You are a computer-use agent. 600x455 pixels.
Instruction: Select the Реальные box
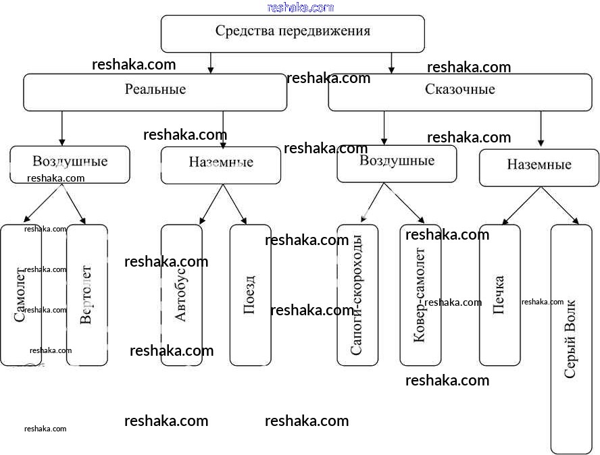click(x=155, y=92)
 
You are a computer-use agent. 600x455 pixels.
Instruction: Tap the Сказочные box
click(x=460, y=92)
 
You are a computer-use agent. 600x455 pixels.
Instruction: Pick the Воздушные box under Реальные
click(x=70, y=164)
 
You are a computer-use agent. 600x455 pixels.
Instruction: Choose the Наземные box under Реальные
click(x=221, y=165)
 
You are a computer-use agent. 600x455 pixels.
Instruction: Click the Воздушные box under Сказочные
click(x=397, y=163)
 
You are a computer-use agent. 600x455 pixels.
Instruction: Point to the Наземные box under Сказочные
click(x=539, y=167)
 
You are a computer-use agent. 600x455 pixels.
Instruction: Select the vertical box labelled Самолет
click(x=20, y=295)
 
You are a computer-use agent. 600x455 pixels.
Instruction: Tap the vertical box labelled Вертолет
click(x=87, y=295)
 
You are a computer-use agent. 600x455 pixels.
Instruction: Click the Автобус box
click(x=181, y=295)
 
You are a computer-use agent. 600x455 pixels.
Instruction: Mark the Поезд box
click(x=250, y=295)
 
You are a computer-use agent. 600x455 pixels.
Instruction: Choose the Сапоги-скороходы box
click(x=357, y=295)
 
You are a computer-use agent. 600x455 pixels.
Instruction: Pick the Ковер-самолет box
click(x=420, y=295)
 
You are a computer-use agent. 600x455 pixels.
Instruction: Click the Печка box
click(x=499, y=295)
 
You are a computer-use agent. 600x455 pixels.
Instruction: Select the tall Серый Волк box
click(x=571, y=339)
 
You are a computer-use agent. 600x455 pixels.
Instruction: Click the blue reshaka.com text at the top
click(x=301, y=7)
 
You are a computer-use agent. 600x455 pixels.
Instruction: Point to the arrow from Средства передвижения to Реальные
click(x=211, y=63)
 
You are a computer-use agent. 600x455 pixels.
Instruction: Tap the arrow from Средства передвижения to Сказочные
click(x=391, y=63)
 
